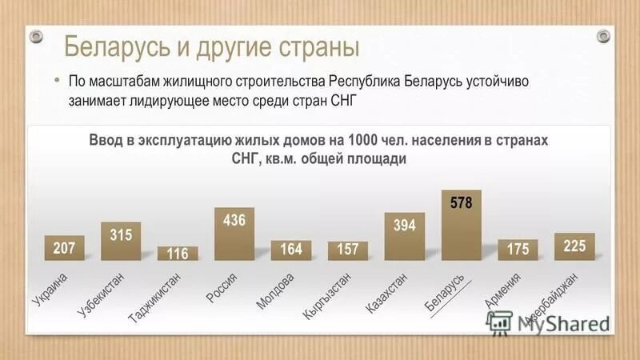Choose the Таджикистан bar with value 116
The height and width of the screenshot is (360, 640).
178,254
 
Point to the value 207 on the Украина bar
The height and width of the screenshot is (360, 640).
64,249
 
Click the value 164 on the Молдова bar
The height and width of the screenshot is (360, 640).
291,250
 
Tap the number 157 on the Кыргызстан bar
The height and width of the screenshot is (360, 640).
348,250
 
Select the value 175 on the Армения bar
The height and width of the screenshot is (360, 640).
518,250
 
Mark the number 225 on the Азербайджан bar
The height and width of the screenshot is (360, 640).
574,246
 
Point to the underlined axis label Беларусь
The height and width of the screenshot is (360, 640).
445,292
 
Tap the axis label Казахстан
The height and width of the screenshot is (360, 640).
387,293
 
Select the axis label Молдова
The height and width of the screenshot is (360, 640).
276,290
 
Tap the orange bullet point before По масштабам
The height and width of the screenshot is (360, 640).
57,82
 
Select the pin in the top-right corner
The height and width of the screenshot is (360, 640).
603,36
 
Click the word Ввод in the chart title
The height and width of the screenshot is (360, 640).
106,140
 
